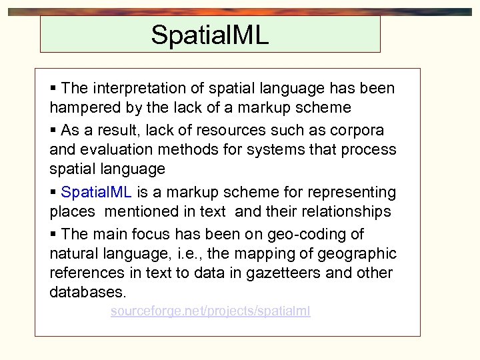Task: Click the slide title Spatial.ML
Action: click(209, 35)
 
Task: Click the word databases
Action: click(87, 293)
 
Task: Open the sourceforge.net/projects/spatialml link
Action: click(210, 311)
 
